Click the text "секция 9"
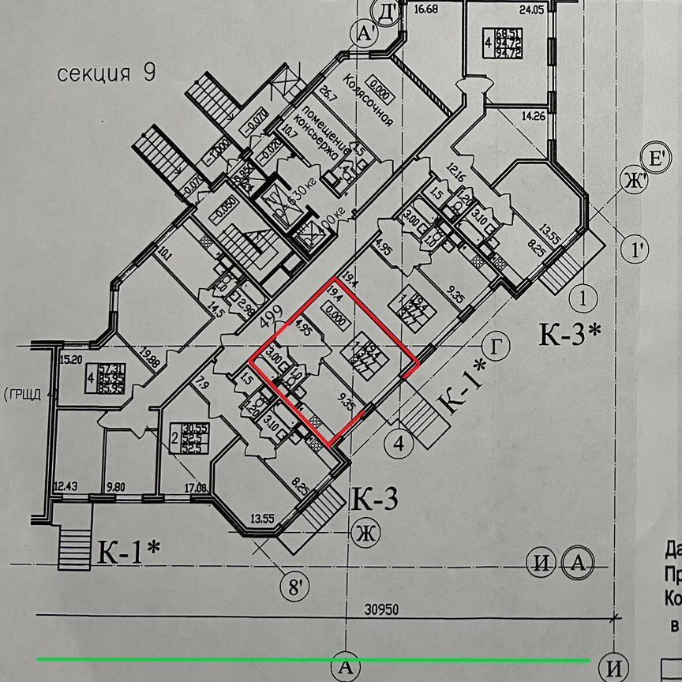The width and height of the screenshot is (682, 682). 107,74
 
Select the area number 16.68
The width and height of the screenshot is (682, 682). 425,9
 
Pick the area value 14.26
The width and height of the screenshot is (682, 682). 534,121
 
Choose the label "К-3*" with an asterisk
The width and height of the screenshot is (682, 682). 570,335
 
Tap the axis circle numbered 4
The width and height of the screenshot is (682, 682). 400,444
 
